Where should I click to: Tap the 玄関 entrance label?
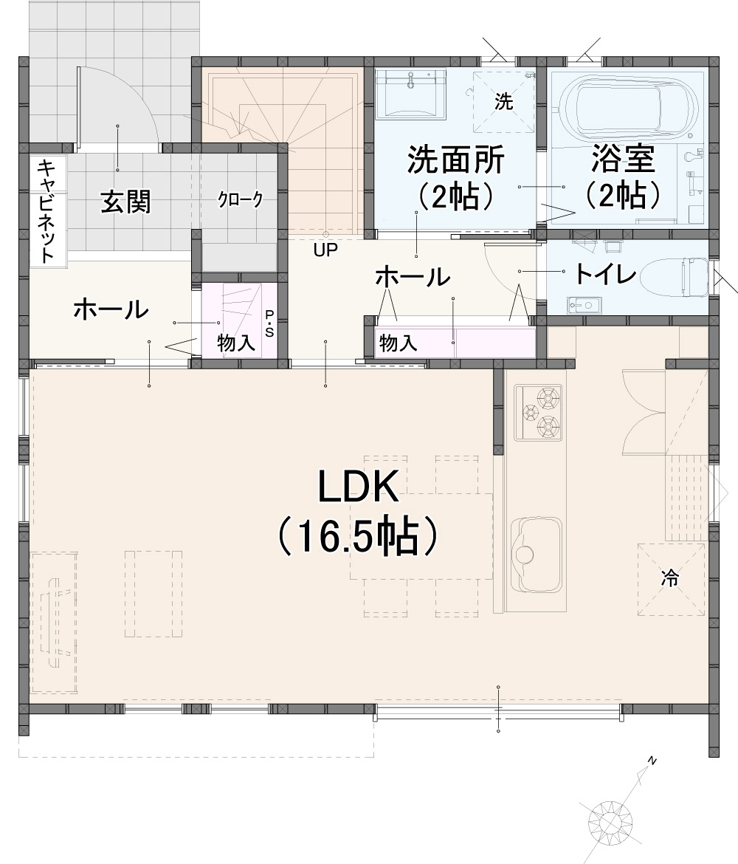click(125, 202)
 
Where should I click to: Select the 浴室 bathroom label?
click(623, 159)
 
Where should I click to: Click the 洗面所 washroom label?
click(455, 160)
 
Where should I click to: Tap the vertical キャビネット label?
click(46, 210)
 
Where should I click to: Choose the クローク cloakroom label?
click(240, 199)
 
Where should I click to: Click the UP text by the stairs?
click(325, 250)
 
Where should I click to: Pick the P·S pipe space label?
click(269, 323)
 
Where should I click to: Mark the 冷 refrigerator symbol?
click(671, 579)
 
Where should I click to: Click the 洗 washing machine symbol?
click(503, 101)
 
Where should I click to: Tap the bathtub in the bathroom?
click(624, 108)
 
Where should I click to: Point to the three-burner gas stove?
click(538, 413)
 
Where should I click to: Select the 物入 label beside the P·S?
click(235, 343)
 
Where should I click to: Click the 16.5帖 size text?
click(358, 535)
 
